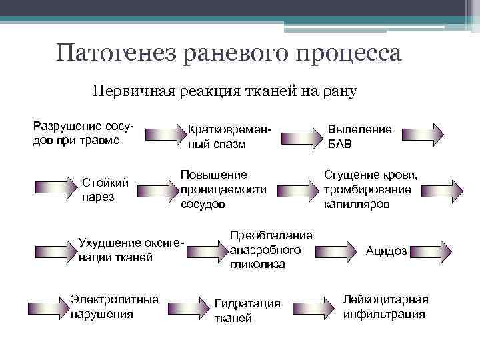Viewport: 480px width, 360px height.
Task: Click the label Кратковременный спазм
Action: pyautogui.click(x=231, y=136)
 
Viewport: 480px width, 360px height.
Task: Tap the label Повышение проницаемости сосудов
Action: pyautogui.click(x=223, y=189)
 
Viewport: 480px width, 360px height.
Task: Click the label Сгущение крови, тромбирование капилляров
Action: pyautogui.click(x=371, y=189)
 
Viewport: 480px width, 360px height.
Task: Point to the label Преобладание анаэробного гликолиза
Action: pyautogui.click(x=271, y=250)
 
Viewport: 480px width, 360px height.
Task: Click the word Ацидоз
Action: pyautogui.click(x=386, y=251)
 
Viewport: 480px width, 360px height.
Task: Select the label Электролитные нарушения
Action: pyautogui.click(x=114, y=306)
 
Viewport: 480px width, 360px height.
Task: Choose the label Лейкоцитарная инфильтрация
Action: pyautogui.click(x=385, y=307)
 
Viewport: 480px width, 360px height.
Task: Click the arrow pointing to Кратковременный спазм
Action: pyautogui.click(x=163, y=135)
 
